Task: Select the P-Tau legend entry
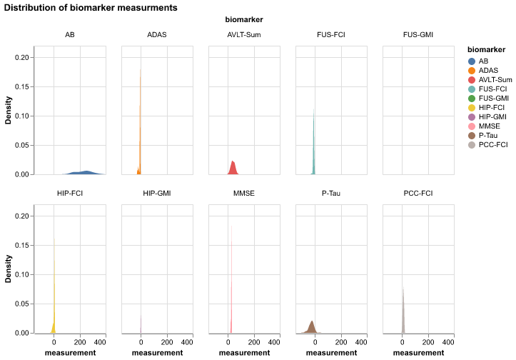coord(487,135)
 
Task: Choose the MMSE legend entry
coord(488,126)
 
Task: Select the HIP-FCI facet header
coord(70,194)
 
